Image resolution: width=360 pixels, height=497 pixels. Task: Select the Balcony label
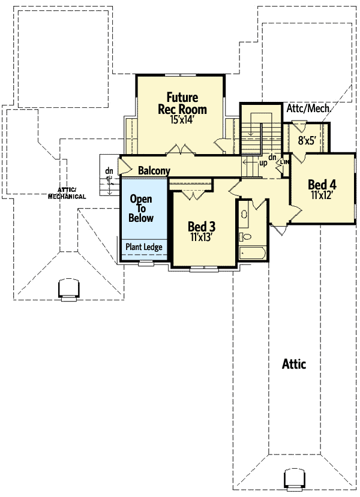coord(154,171)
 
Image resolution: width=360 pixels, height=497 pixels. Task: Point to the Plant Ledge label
coord(143,247)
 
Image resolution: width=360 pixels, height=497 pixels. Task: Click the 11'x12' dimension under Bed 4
coord(322,195)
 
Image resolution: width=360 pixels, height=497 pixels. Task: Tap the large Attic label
coord(293,364)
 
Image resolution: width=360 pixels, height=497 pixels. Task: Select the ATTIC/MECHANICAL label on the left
coord(67,192)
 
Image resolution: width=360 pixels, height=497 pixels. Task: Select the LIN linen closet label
coord(285,162)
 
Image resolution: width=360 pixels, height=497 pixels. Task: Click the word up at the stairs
coord(263,162)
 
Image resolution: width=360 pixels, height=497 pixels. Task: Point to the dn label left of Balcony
coord(109,171)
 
